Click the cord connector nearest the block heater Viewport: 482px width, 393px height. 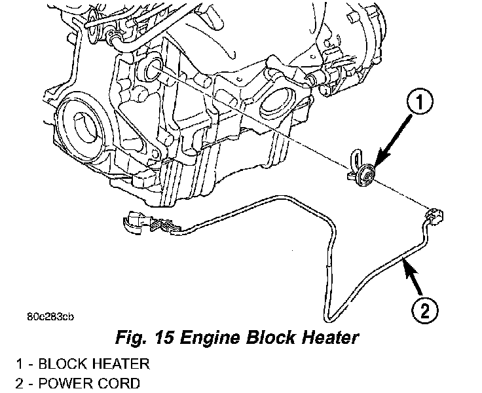[x=434, y=215]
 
